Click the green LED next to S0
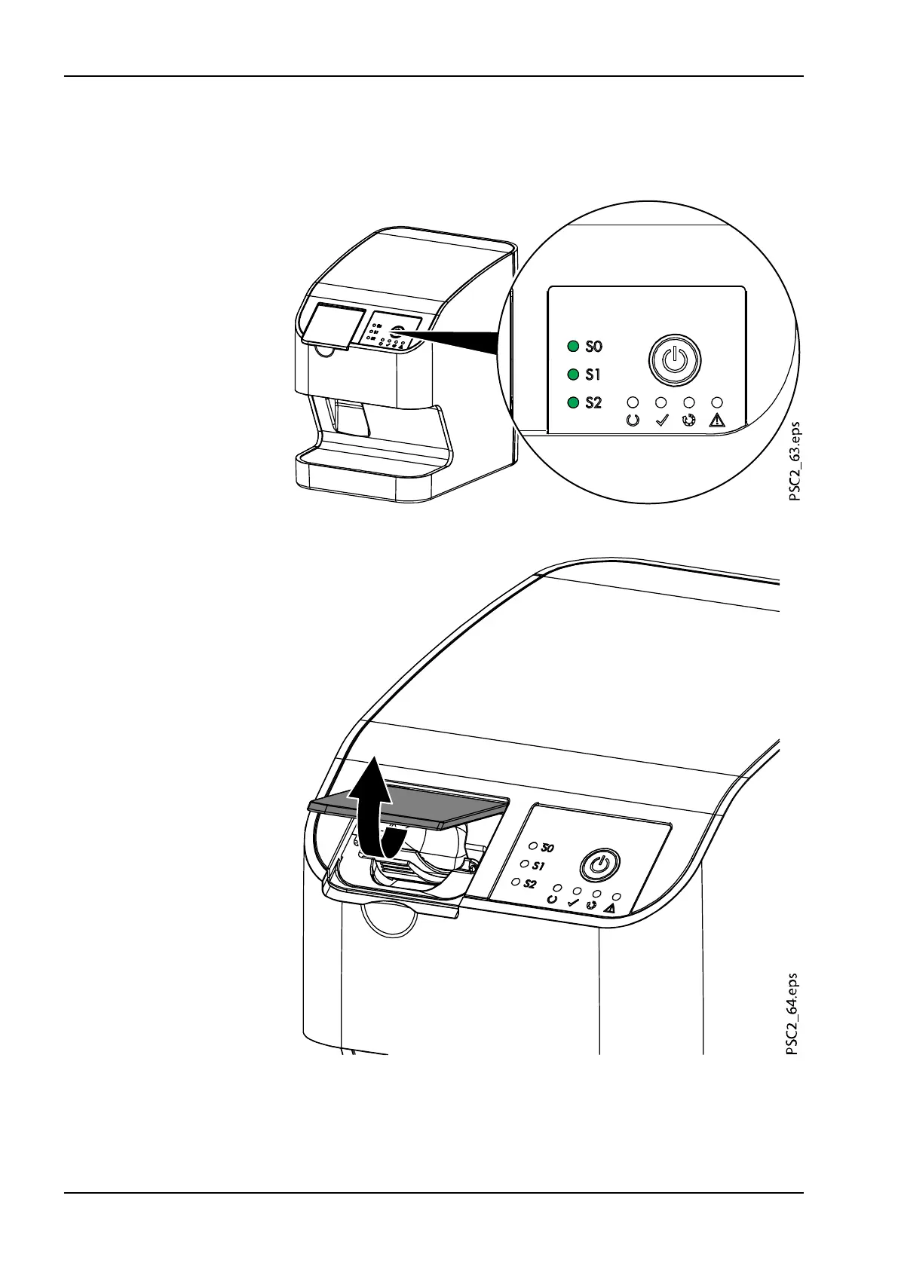pos(573,347)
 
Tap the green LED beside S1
pos(573,375)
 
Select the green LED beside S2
pos(573,402)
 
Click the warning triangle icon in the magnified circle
pos(717,420)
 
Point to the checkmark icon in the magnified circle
pos(660,420)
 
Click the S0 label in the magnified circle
pos(594,347)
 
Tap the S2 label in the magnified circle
pos(594,402)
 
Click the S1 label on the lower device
pos(538,866)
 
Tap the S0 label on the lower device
pos(546,849)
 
